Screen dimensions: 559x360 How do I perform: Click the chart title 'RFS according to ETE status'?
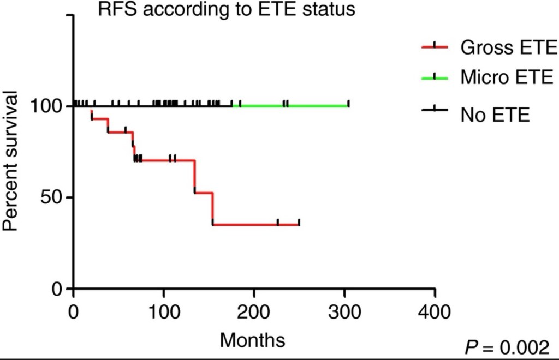click(227, 9)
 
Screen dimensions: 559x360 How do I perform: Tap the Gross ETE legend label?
click(509, 47)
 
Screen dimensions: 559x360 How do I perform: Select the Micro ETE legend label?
click(507, 77)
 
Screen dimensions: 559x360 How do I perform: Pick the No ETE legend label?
click(495, 115)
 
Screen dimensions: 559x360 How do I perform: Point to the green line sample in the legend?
click(435, 77)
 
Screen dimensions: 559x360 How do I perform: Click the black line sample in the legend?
click(435, 110)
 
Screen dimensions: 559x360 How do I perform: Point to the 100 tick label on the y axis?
click(47, 106)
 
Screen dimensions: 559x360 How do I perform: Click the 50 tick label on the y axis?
click(52, 197)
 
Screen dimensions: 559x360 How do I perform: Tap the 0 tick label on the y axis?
click(57, 289)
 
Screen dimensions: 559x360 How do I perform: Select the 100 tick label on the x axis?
click(164, 312)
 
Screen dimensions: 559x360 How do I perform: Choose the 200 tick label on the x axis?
click(254, 312)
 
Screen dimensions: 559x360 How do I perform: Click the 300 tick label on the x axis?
click(344, 312)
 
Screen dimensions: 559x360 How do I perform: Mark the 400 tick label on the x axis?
click(435, 312)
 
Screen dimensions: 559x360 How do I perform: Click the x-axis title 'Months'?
click(252, 340)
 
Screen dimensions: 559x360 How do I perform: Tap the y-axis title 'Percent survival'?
click(10, 160)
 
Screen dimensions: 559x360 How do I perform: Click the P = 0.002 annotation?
click(507, 347)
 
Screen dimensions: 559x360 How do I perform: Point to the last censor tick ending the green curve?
click(348, 104)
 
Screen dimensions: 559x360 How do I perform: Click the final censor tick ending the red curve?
click(299, 223)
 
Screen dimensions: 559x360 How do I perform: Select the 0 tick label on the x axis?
click(73, 312)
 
